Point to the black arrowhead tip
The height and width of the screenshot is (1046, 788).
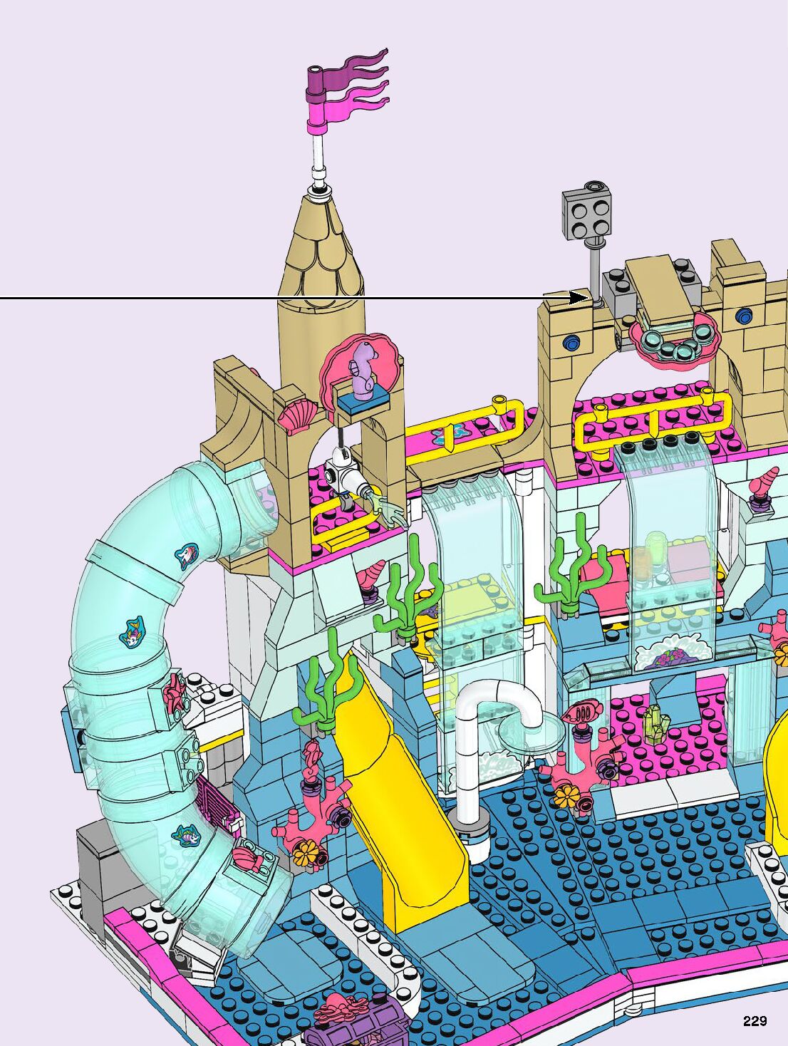click(x=589, y=298)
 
